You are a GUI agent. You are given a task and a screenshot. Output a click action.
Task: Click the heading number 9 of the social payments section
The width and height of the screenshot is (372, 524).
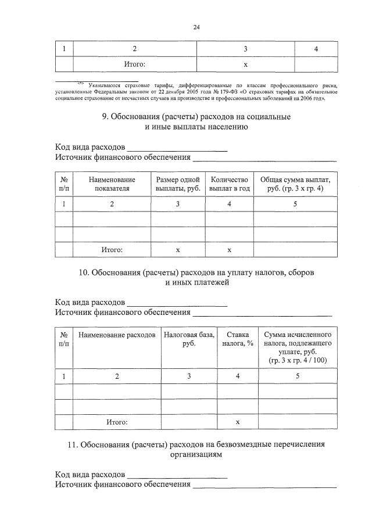(x=105, y=116)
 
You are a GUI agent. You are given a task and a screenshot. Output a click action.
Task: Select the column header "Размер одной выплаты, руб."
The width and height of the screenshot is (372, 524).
(x=178, y=184)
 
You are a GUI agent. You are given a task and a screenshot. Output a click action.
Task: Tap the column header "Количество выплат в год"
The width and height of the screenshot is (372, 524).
(x=229, y=184)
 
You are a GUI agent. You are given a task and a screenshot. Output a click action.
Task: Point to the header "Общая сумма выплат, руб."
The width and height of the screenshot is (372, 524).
(x=295, y=184)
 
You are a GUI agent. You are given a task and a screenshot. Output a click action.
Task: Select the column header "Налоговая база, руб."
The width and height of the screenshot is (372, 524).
(x=189, y=339)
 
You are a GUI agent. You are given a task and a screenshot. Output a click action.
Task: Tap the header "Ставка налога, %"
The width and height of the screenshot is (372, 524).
(x=238, y=339)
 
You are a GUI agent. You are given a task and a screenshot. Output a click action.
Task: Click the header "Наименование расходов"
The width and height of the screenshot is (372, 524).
(x=117, y=335)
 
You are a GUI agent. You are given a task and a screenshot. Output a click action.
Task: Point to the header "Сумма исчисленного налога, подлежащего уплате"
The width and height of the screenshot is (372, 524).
(x=298, y=347)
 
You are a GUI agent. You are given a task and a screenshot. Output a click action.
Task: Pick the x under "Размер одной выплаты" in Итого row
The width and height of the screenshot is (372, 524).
(x=178, y=250)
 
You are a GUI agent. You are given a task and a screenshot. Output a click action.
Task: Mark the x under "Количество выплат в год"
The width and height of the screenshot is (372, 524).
(x=229, y=250)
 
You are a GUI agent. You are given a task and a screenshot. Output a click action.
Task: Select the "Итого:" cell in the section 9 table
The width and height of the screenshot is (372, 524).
(x=112, y=250)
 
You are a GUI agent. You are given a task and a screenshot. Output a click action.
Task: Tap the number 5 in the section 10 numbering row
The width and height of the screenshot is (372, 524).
(x=298, y=376)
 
